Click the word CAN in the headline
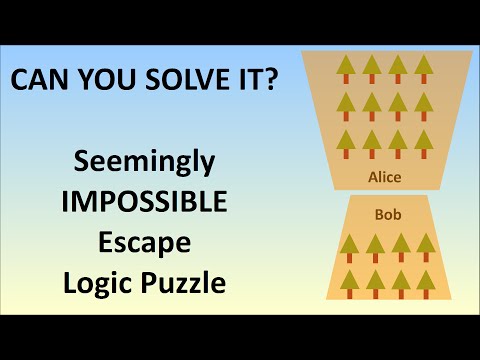41,81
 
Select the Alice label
384,177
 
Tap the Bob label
387,213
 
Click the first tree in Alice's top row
347,69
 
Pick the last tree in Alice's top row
423,69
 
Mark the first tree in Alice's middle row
347,106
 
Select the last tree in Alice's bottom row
423,143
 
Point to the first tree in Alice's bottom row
347,143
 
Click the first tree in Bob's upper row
350,246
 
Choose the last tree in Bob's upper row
426,246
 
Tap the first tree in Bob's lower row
350,283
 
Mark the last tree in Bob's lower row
426,283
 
